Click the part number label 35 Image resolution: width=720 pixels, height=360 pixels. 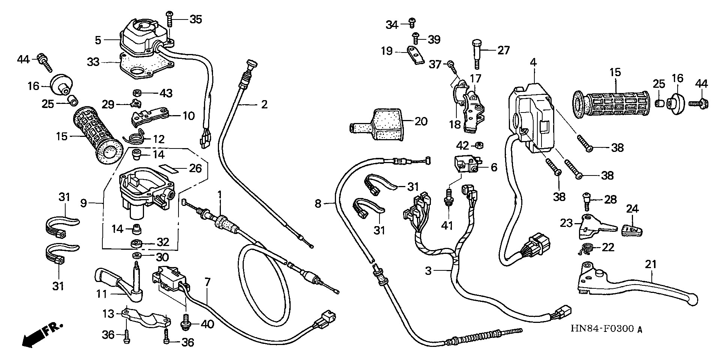(195, 19)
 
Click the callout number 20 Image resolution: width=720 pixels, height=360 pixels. (421, 121)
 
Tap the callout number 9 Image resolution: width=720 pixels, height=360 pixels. (83, 203)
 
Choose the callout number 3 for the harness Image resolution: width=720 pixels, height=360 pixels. (429, 271)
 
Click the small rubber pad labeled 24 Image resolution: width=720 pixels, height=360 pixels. (633, 229)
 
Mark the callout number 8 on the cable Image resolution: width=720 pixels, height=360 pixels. (318, 204)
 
